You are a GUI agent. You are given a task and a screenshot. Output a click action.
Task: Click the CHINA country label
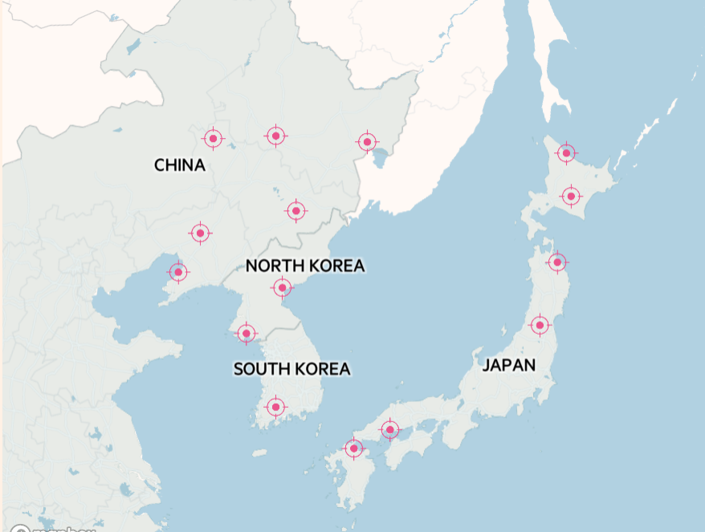point(180,165)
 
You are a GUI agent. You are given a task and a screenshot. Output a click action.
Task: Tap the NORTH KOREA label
point(305,266)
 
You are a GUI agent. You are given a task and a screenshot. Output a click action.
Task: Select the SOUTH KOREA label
point(291,369)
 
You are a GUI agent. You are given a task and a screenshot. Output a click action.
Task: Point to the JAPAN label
point(509,366)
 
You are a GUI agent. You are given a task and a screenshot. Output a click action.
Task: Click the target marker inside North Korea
point(282,287)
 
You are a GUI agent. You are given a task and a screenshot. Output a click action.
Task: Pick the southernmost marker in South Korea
point(275,408)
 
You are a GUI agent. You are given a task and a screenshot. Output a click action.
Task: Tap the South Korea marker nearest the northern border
point(247,333)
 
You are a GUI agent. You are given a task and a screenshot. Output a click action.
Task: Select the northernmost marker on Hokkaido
point(566,152)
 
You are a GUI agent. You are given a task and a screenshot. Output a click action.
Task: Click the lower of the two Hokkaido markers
point(570,196)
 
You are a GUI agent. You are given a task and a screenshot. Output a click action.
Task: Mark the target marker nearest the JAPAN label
point(540,325)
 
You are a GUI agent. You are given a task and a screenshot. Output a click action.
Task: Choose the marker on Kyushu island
point(354,448)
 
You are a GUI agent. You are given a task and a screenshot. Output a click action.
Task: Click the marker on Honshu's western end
point(389,430)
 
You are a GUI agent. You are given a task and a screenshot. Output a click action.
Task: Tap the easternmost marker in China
point(367,142)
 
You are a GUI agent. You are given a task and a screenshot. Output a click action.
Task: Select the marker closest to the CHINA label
point(213,139)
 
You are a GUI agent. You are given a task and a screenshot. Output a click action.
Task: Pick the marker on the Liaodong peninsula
point(178,272)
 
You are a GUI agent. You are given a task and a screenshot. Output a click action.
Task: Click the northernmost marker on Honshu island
point(556,262)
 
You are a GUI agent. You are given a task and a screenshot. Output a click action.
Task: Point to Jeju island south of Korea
point(259,453)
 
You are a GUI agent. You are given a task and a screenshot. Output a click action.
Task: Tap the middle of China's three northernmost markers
point(275,136)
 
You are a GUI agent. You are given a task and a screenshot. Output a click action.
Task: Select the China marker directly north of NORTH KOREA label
point(296,211)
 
